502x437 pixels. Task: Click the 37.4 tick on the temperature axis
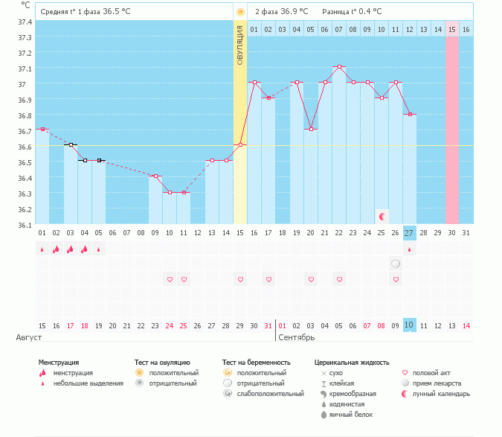(25, 22)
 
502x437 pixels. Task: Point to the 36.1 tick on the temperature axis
(25, 226)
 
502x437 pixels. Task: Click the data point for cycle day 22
(339, 67)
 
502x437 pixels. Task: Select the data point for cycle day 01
(42, 129)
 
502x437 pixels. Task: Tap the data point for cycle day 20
(311, 129)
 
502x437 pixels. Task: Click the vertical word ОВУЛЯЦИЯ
(240, 45)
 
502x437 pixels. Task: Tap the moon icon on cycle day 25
(382, 217)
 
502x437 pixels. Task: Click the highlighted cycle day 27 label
(409, 233)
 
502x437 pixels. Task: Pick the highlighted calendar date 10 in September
(409, 325)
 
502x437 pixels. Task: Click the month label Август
(29, 337)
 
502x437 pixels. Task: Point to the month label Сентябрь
(297, 337)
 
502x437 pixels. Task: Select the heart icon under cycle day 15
(240, 279)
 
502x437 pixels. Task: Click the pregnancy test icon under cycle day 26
(396, 264)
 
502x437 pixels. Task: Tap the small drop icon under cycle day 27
(409, 249)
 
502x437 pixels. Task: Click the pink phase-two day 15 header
(451, 30)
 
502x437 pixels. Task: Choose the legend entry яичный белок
(347, 415)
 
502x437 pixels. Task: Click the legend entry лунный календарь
(435, 394)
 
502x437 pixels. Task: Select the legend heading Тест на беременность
(256, 363)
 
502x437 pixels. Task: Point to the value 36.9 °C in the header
(295, 11)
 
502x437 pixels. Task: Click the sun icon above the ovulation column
(240, 12)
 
